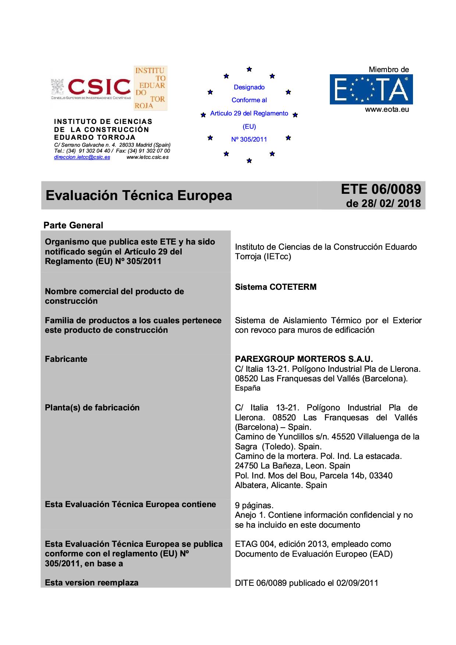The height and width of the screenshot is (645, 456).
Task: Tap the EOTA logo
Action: (x=371, y=89)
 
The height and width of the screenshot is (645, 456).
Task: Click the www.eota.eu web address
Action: (x=387, y=109)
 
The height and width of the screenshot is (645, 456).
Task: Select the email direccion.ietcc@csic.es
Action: (x=82, y=157)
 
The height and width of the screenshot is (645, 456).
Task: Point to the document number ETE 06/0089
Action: (x=381, y=189)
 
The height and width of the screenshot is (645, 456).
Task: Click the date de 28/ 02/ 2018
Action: (x=383, y=203)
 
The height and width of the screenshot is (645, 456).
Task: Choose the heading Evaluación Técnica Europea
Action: (x=139, y=195)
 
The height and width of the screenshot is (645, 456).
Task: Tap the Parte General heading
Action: (x=73, y=225)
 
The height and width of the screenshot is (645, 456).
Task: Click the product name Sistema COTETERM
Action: (x=275, y=287)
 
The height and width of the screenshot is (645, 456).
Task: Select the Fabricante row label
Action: (x=66, y=359)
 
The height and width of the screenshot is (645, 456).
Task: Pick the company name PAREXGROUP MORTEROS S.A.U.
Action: (x=304, y=359)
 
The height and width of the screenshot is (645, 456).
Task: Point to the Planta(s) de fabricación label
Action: (x=92, y=407)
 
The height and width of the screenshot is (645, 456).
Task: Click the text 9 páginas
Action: (x=254, y=505)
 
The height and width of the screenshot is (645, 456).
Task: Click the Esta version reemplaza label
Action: (x=92, y=582)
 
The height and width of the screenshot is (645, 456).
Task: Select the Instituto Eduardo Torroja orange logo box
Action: (x=150, y=88)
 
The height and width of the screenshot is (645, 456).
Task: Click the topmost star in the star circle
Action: (x=249, y=69)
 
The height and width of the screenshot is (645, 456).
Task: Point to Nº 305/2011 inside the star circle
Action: (x=249, y=139)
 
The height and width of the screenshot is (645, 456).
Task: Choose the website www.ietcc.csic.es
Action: (x=147, y=157)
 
